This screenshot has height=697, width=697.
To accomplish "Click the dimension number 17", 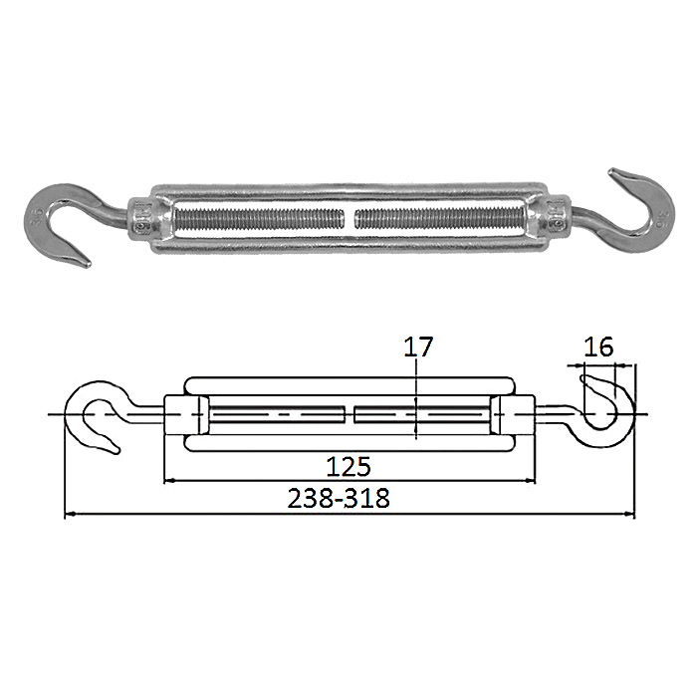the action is coord(418,348).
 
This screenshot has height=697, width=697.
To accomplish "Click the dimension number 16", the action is coord(597,348).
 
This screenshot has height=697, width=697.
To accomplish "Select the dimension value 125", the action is coord(348,467).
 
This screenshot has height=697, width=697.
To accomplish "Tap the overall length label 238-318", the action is coord(339,498).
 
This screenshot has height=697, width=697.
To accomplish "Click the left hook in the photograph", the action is coord(39,209).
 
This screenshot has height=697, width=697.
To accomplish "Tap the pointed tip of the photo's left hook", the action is coord(89,266).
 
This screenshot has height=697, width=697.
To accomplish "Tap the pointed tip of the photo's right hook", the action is coord(611,170).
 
